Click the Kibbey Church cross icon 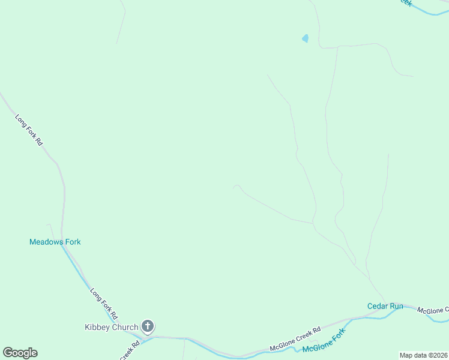pos(148,327)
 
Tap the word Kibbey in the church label pos(97,327)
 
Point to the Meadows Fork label pos(55,242)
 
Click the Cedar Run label pos(385,306)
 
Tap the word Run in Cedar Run pos(396,306)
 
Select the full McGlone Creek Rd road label pos(295,339)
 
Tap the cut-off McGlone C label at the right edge pos(433,310)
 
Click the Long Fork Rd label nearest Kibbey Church pos(104,304)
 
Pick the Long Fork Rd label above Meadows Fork pos(29,130)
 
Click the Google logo pos(20,353)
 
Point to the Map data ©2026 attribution pos(423,355)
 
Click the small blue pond pos(305,38)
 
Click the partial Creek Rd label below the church pos(130,351)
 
